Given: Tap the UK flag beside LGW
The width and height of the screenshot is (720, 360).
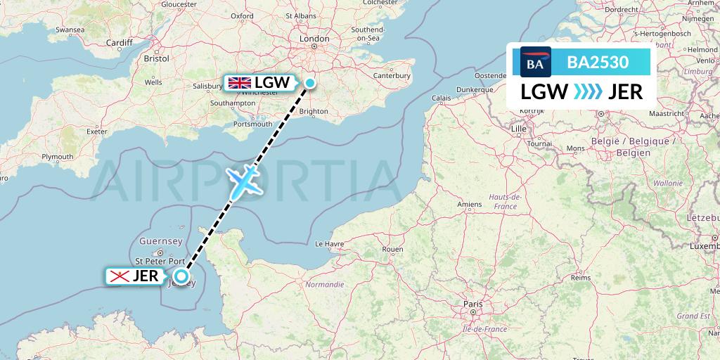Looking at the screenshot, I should (240, 82).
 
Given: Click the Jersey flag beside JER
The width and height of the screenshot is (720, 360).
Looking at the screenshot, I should (119, 276).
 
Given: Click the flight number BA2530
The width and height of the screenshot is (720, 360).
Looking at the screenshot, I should (598, 62).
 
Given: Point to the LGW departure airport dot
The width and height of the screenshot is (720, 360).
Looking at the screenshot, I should (309, 84).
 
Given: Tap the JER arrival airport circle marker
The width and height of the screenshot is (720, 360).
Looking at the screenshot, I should (181, 277).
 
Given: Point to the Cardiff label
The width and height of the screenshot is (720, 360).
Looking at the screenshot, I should (120, 43).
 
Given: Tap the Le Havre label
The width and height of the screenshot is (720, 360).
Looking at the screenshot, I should (328, 244).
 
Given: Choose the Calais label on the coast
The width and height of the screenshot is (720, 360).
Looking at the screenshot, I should (441, 98).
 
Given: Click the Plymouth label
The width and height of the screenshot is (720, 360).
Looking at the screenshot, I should (58, 157).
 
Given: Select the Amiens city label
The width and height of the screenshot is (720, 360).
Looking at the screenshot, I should (470, 205).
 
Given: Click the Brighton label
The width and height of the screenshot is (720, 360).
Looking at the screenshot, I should (314, 111).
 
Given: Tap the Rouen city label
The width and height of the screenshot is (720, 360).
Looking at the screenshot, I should (392, 250).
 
